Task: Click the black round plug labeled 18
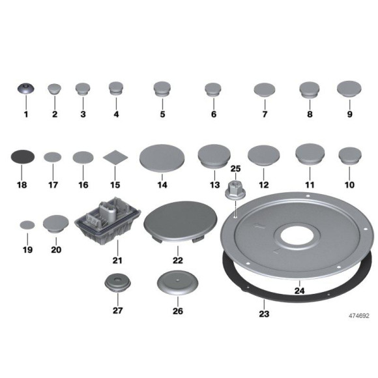coord(24,157)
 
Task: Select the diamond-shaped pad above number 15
coord(115,158)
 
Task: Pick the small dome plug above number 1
coord(25,91)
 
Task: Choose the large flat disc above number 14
coord(162,158)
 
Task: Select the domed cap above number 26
coord(177,284)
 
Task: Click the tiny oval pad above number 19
coord(27,224)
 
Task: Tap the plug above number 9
coord(349,89)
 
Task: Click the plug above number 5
coord(162,89)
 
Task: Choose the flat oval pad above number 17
coord(53,157)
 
